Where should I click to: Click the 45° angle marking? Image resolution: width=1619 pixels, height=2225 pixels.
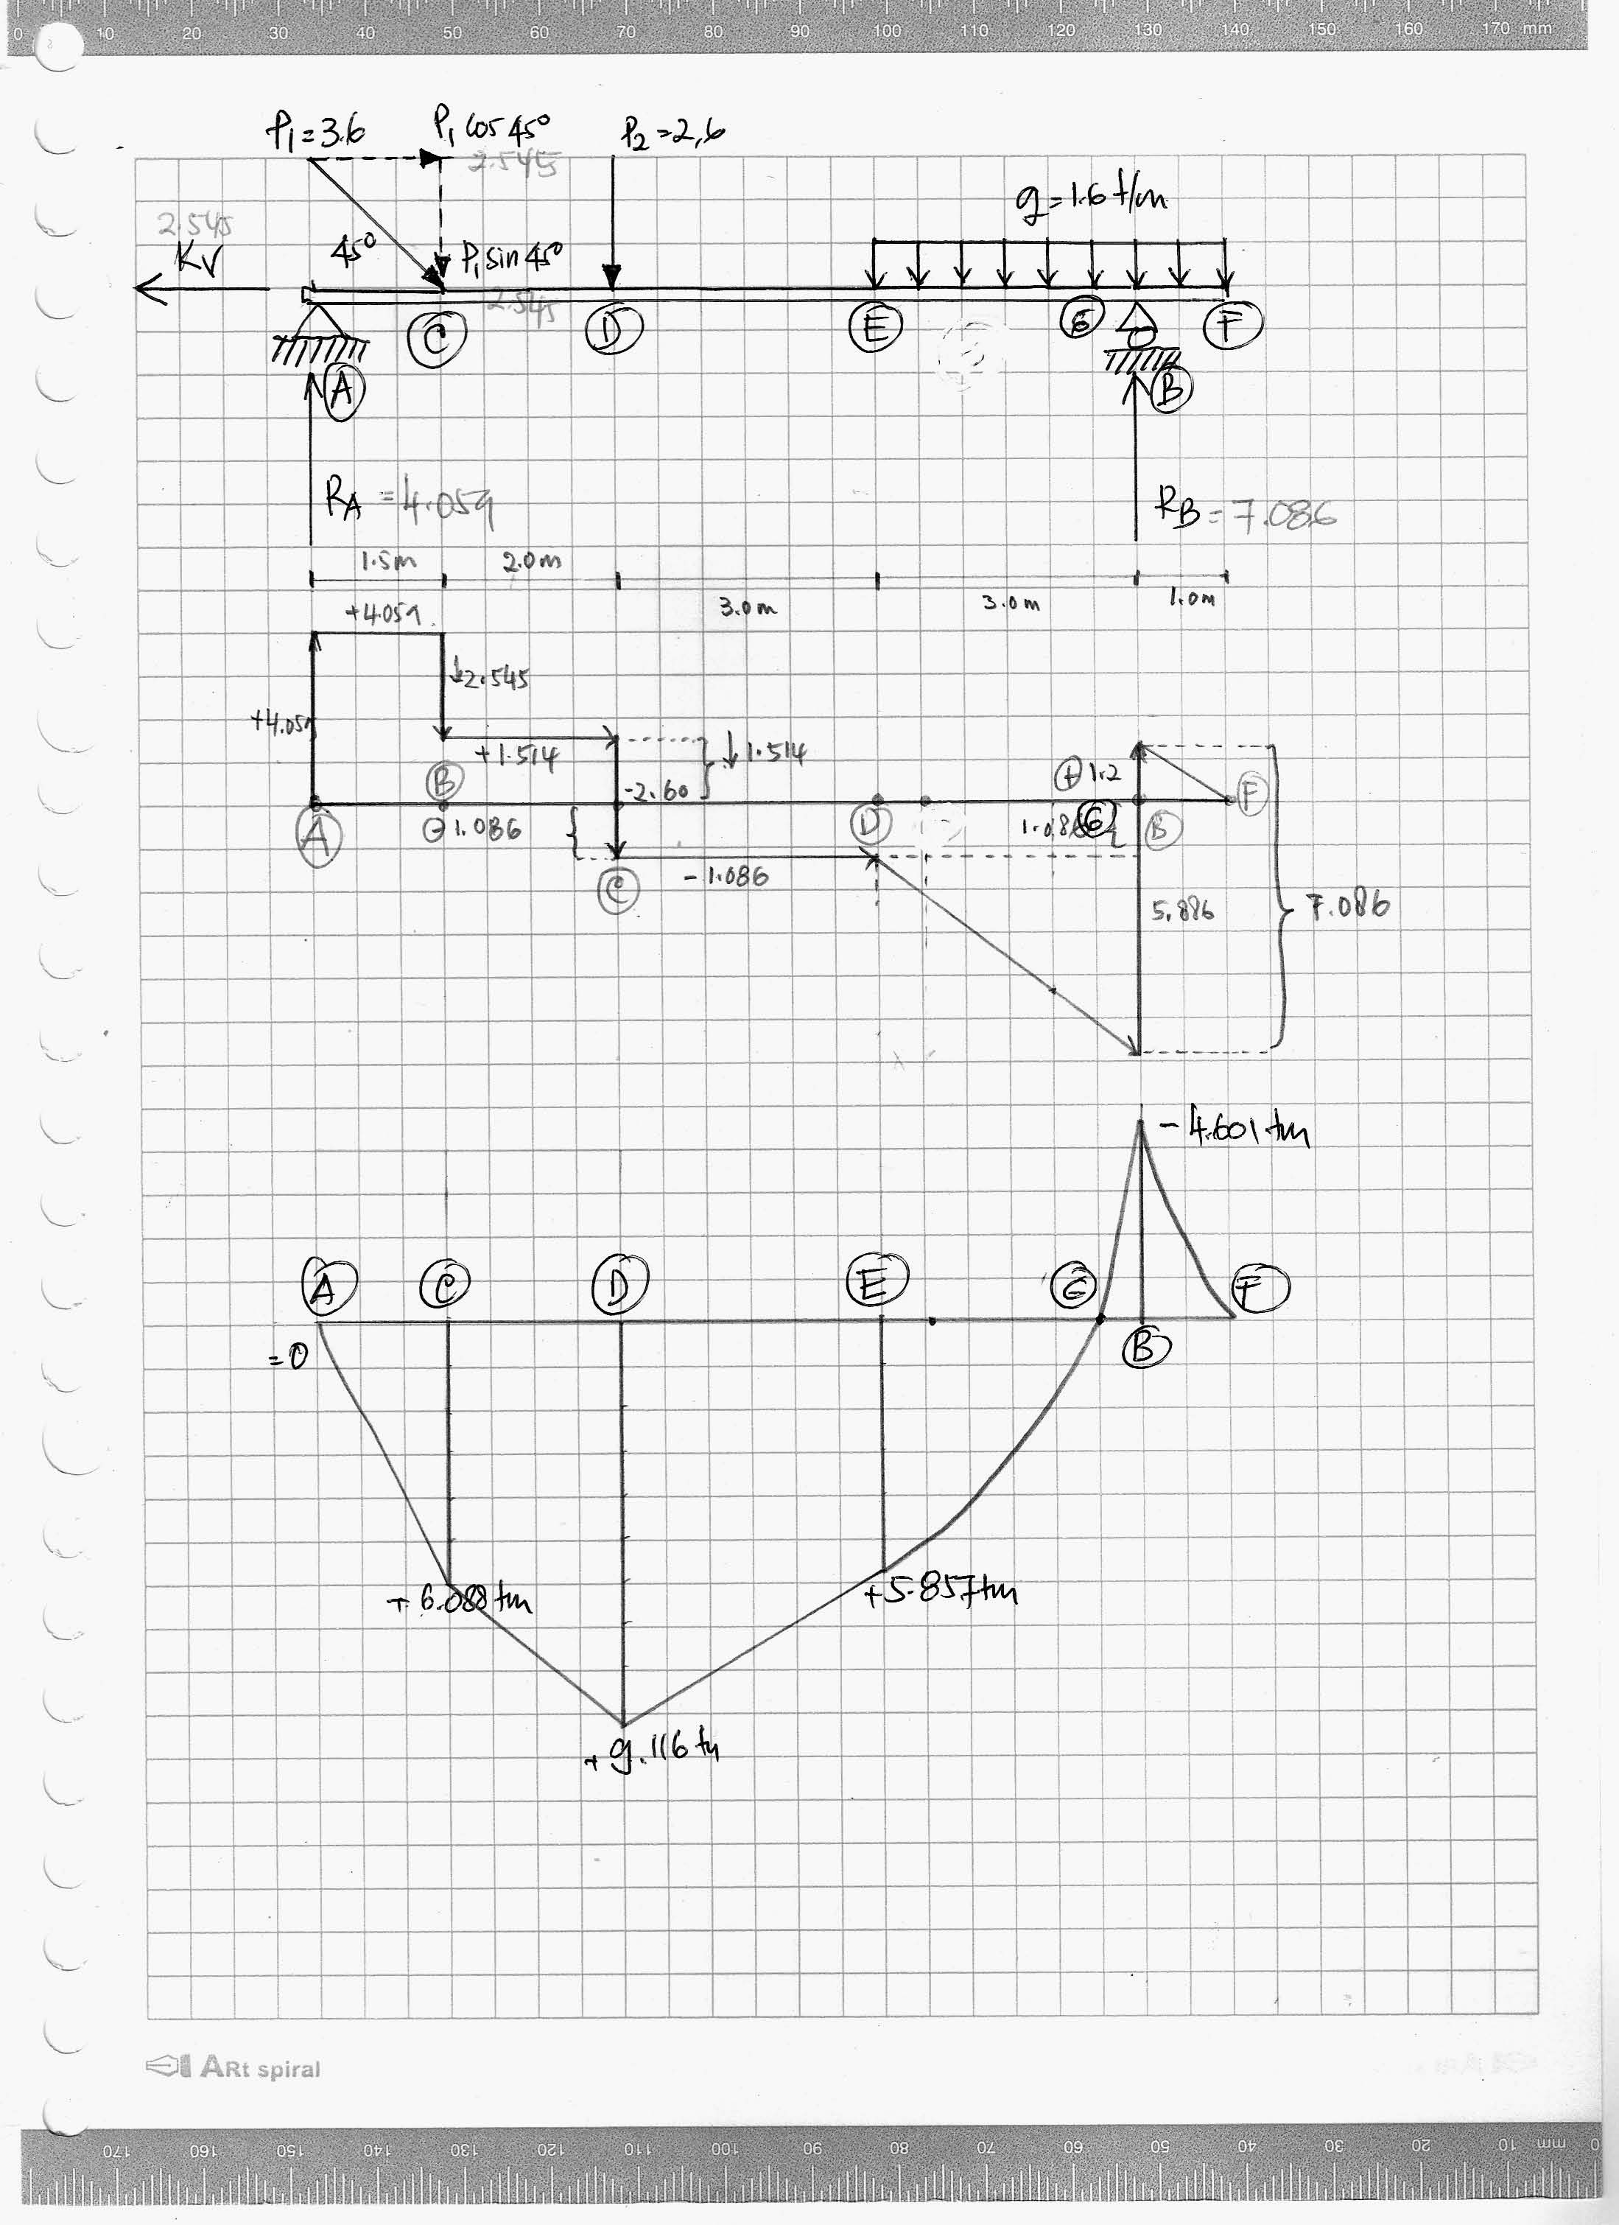[x=351, y=255]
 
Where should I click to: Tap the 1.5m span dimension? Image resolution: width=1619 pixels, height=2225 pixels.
[x=388, y=561]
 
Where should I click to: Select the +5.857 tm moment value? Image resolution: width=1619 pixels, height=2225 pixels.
[x=941, y=1592]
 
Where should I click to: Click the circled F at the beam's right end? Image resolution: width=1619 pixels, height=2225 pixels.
[x=1232, y=326]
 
